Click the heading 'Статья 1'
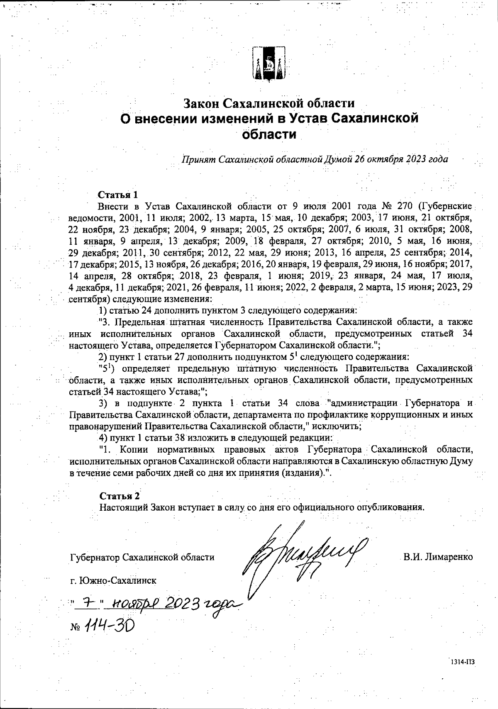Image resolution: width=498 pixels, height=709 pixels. (117, 195)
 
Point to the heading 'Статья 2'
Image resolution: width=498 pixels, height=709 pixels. (120, 496)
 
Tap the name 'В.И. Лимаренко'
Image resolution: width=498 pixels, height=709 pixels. (438, 557)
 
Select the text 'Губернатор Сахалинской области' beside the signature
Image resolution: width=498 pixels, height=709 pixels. (142, 557)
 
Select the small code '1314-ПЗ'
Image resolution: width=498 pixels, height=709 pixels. (463, 663)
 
